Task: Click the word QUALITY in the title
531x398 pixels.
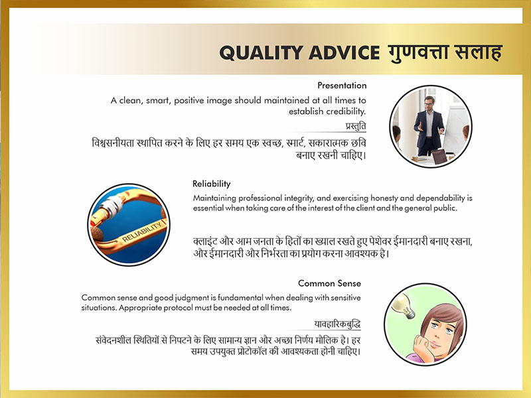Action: tap(262, 53)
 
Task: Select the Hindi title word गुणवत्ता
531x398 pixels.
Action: tap(418, 52)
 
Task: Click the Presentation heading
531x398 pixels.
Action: tap(342, 86)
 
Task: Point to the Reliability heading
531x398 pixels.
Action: tap(211, 184)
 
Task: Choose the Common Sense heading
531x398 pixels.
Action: tap(329, 283)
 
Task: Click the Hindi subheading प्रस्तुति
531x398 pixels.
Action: tap(356, 126)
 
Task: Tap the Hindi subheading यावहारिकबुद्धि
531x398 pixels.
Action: tap(337, 324)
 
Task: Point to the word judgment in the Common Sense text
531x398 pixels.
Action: tap(192, 298)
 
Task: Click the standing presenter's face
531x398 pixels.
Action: tap(429, 103)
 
